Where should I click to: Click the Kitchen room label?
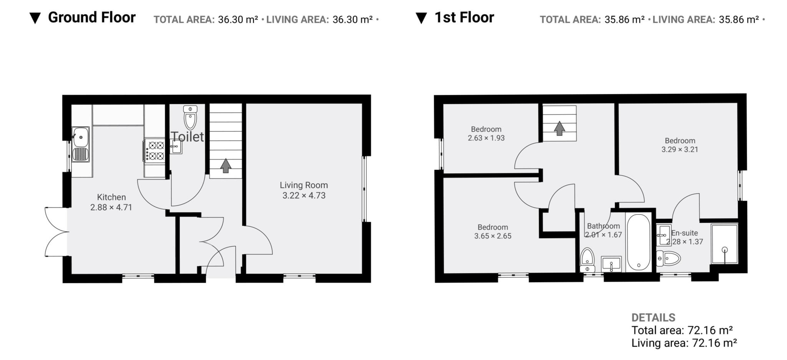pos(111,197)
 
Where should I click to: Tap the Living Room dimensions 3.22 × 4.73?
pos(304,196)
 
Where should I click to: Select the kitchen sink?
pos(81,144)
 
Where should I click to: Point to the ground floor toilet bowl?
pos(190,118)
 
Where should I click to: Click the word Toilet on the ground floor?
pos(187,136)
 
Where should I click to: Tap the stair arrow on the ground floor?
pos(226,166)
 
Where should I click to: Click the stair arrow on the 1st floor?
pos(559,128)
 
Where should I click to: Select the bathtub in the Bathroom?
pos(639,242)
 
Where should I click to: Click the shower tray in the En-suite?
pos(724,244)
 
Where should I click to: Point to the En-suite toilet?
pos(668,258)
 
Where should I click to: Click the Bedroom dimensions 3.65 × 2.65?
pos(493,236)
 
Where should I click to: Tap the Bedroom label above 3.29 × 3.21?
pos(680,141)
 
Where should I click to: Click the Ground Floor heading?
pos(92,17)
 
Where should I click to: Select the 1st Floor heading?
pos(464,17)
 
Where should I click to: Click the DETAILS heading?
pos(653,317)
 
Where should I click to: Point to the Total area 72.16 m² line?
pos(682,330)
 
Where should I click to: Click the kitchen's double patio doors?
pos(56,232)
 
